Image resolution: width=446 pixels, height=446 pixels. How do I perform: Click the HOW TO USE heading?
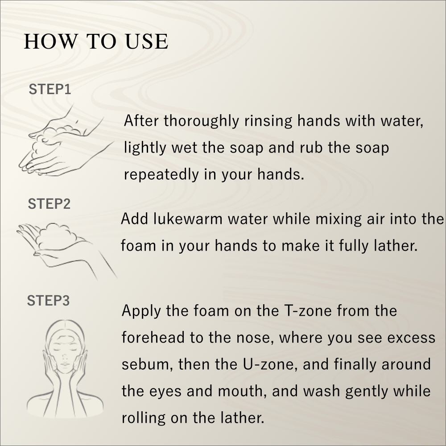(x=96, y=41)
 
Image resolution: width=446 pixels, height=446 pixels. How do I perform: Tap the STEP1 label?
(x=50, y=89)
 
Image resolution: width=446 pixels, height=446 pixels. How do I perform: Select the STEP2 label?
(x=49, y=204)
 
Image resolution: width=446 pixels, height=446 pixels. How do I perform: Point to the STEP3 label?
(x=48, y=301)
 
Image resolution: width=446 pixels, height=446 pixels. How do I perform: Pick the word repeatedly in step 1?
(x=161, y=174)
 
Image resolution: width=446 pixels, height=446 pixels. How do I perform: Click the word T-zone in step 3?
(x=308, y=310)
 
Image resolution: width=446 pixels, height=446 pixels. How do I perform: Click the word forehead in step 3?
(x=153, y=337)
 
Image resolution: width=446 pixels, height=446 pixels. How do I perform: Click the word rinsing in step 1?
(x=268, y=120)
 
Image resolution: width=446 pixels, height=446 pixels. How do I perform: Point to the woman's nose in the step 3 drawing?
(x=65, y=356)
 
